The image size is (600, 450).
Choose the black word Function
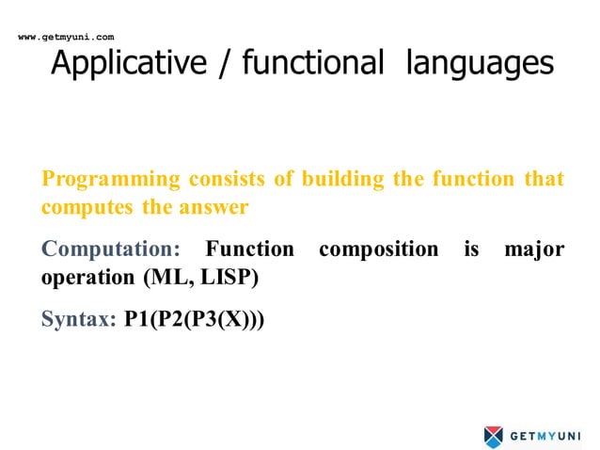coord(249,250)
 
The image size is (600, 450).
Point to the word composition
coord(378,250)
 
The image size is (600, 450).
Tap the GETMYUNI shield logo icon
coord(494,436)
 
